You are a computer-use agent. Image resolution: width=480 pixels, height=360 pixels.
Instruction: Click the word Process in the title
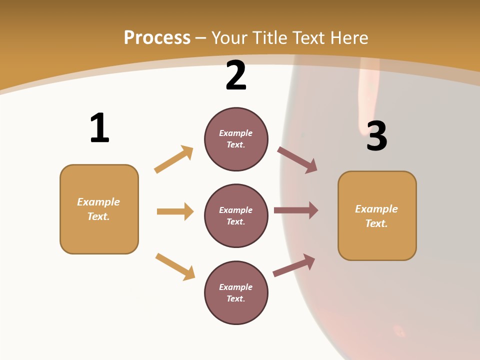(x=157, y=38)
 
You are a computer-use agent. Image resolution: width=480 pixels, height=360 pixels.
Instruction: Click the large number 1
(x=99, y=128)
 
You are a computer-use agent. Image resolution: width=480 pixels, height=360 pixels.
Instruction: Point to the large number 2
(x=236, y=75)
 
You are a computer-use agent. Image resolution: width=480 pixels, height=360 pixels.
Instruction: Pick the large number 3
(x=377, y=136)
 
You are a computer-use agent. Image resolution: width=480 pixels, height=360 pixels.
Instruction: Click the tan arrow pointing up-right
(x=173, y=159)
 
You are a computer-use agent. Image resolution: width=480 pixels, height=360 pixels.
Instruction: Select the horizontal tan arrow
(x=175, y=211)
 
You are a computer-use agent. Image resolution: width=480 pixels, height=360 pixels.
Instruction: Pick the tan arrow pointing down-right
(x=175, y=266)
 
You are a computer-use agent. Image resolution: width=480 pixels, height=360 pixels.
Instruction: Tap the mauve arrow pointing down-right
(x=297, y=159)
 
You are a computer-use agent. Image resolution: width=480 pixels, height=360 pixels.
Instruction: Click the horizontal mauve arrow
(x=296, y=210)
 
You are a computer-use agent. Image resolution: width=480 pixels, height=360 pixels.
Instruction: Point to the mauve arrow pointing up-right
(x=294, y=265)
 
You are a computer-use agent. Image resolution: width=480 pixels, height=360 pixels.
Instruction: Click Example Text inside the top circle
(x=236, y=139)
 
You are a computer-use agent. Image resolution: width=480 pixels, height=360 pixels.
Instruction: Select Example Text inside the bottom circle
(x=236, y=293)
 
